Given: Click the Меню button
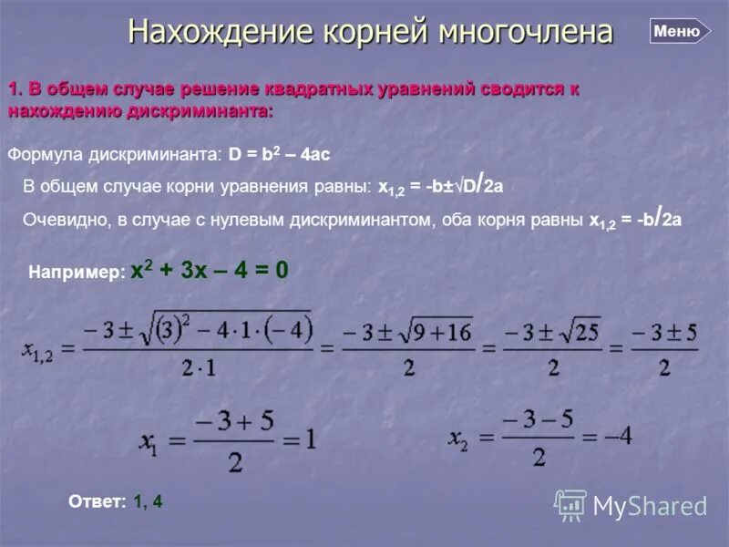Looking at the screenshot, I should pos(678,31).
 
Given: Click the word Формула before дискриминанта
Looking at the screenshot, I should pos(43,155).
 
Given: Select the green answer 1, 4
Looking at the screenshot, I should pos(148,501).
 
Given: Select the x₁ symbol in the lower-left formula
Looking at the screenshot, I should pos(151,441).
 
